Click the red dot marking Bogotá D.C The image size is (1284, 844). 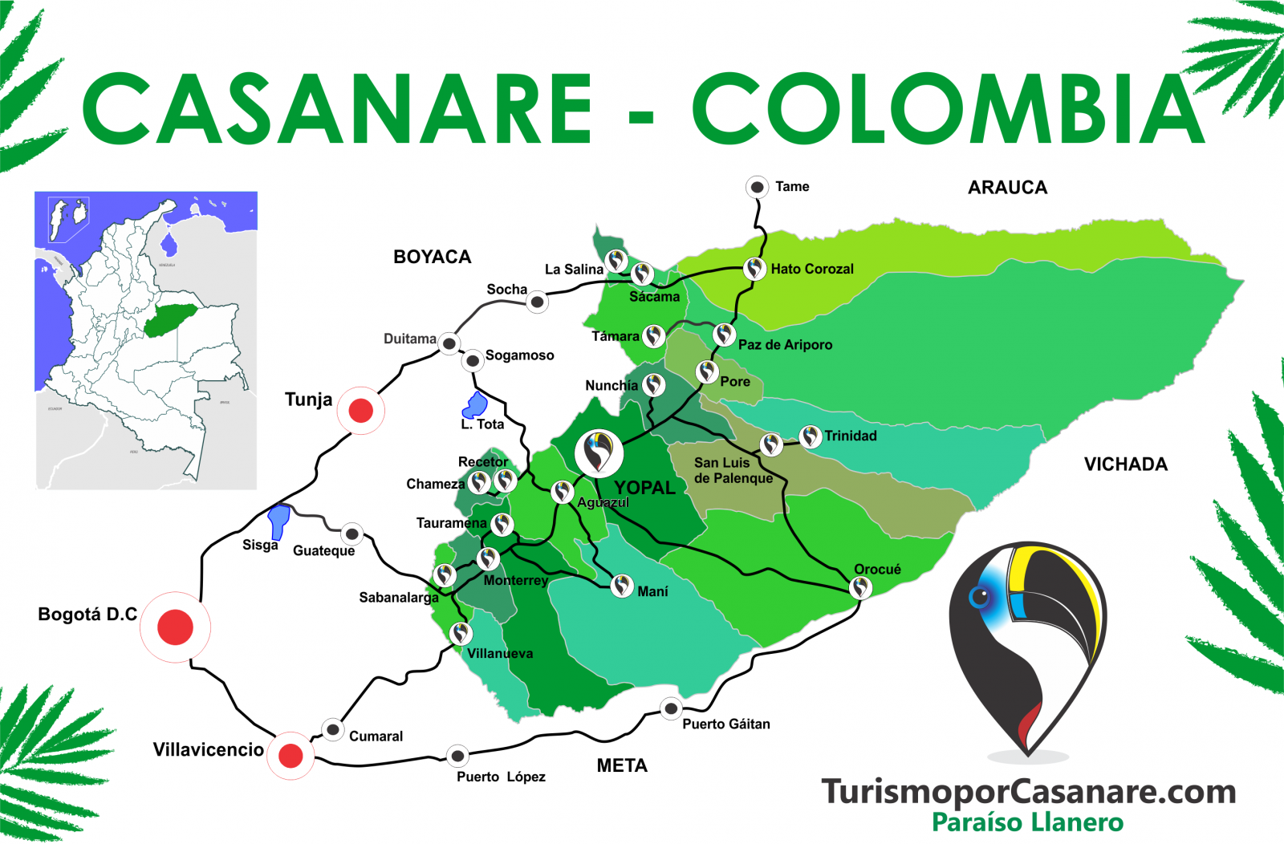click(x=175, y=627)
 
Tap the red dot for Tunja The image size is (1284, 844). click(x=361, y=410)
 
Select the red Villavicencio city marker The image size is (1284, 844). click(x=291, y=755)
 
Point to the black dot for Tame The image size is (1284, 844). click(x=757, y=187)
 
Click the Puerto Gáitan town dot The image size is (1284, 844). click(x=671, y=708)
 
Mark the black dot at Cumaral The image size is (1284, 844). click(x=333, y=729)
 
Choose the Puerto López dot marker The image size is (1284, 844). click(x=457, y=755)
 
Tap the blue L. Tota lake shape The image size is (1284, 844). click(x=476, y=405)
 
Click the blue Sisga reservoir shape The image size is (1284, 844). click(x=279, y=520)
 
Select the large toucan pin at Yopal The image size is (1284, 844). click(x=599, y=452)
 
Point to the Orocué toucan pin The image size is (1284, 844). click(x=860, y=587)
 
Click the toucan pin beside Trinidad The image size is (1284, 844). click(x=811, y=436)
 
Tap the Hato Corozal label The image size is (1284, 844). click(x=812, y=269)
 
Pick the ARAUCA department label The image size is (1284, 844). click(x=1007, y=188)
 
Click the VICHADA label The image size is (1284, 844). click(x=1125, y=465)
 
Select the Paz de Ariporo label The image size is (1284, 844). click(x=785, y=345)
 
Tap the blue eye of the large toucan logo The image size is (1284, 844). click(x=980, y=597)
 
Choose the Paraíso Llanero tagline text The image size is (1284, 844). click(x=1027, y=822)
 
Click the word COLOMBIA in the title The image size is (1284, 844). click(x=947, y=110)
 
